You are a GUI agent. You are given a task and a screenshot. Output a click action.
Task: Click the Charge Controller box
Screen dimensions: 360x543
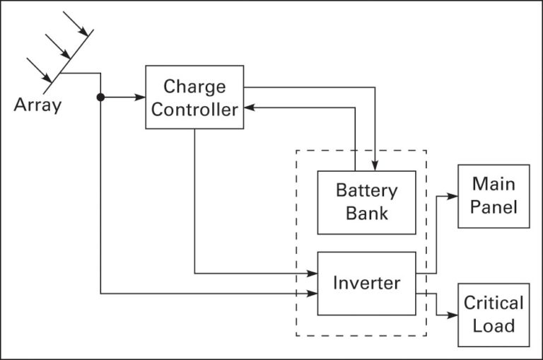click(x=194, y=97)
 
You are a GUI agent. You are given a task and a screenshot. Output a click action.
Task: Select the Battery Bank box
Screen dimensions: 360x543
click(x=366, y=202)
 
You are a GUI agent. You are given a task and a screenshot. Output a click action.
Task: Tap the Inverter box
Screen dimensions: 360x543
click(x=366, y=283)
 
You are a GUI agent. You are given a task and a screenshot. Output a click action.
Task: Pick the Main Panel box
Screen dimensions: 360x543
click(x=494, y=196)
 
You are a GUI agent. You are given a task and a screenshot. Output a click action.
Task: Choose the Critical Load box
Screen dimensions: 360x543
click(x=494, y=315)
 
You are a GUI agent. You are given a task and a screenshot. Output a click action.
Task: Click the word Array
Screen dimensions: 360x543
click(x=37, y=107)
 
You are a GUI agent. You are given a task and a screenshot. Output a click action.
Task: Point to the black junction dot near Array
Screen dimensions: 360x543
click(x=101, y=97)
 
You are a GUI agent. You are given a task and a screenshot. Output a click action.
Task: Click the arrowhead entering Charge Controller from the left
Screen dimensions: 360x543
click(x=140, y=97)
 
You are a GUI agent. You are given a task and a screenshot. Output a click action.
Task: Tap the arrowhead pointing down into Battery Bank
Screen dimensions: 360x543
click(x=376, y=166)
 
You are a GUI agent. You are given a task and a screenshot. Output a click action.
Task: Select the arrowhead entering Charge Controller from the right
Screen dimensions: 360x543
click(x=250, y=108)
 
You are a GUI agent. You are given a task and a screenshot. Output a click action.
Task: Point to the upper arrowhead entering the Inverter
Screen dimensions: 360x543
click(x=312, y=273)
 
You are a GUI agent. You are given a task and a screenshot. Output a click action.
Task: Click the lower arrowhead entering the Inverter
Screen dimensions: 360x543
click(x=312, y=293)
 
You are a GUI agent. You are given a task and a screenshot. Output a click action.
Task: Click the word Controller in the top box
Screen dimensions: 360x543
click(x=194, y=110)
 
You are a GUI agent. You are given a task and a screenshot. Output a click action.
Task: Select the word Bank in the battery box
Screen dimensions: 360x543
click(x=366, y=213)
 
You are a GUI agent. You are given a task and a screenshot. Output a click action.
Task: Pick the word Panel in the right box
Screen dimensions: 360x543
click(x=494, y=207)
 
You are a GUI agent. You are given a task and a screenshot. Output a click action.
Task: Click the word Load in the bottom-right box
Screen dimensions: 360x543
click(x=494, y=326)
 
